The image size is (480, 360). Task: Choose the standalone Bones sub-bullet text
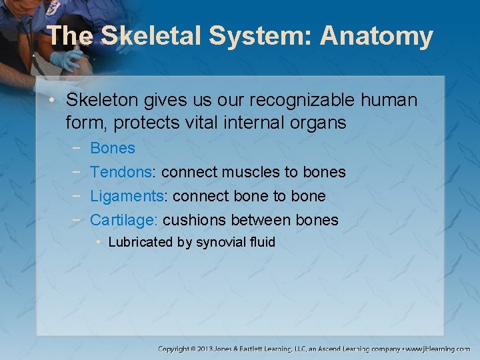coord(112,148)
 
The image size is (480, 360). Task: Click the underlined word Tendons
coord(121,172)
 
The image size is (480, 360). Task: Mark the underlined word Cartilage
coord(123,220)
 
